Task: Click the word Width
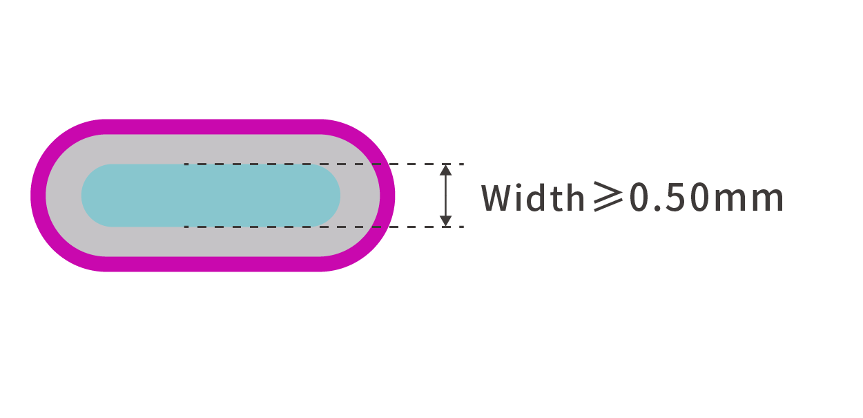coord(533,198)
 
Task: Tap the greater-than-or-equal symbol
coord(608,197)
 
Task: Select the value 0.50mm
coord(706,198)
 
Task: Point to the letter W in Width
coord(496,198)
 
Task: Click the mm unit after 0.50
coord(749,201)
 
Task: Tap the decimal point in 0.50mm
coord(652,208)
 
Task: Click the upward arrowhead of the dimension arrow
coord(446,170)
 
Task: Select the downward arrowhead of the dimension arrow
coord(446,221)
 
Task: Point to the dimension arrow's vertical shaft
coord(446,196)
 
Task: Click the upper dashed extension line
coord(324,164)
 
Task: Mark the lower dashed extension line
coord(324,227)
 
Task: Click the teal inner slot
coord(211,196)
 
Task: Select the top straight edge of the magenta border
coord(213,127)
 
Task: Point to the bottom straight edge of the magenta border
coord(213,264)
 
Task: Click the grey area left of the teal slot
coord(64,196)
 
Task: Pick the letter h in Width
coord(576,198)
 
